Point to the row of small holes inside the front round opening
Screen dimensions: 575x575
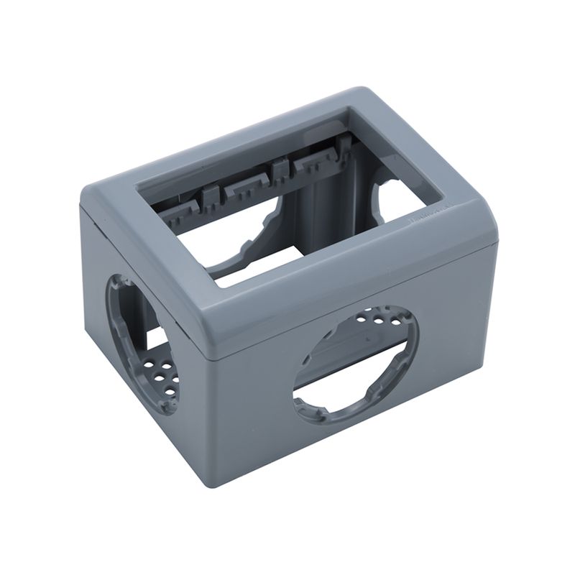pyautogui.click(x=374, y=316)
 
